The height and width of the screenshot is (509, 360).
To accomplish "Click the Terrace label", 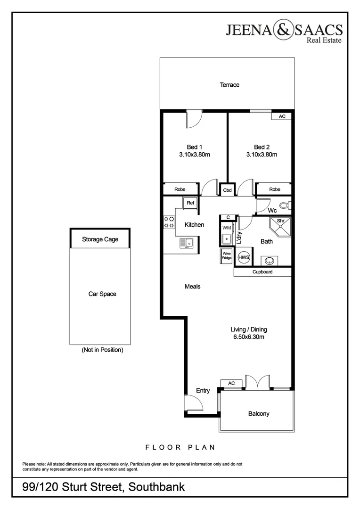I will tap(229, 85).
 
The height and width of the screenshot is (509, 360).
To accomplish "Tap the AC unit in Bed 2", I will tap(282, 116).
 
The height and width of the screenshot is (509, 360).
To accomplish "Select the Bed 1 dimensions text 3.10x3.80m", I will tap(195, 155).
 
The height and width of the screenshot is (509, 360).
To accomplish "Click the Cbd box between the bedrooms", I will tap(227, 190).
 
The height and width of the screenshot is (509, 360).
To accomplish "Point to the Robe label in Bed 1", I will tap(180, 189).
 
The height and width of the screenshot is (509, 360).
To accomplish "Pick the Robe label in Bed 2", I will tap(274, 189).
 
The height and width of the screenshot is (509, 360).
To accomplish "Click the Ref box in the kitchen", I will tap(190, 203).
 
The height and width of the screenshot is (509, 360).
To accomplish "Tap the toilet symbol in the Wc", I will tap(284, 205).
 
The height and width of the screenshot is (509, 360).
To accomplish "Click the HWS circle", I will tap(244, 257).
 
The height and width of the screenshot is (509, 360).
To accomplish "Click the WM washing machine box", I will tap(227, 228).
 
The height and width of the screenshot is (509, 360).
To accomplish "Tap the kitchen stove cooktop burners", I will tap(169, 222).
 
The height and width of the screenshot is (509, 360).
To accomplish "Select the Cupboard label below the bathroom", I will tap(262, 272).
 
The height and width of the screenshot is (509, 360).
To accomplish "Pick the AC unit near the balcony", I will tap(231, 384).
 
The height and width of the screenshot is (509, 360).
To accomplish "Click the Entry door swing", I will tap(193, 403).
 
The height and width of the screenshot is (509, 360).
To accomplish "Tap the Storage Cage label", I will tap(100, 239).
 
